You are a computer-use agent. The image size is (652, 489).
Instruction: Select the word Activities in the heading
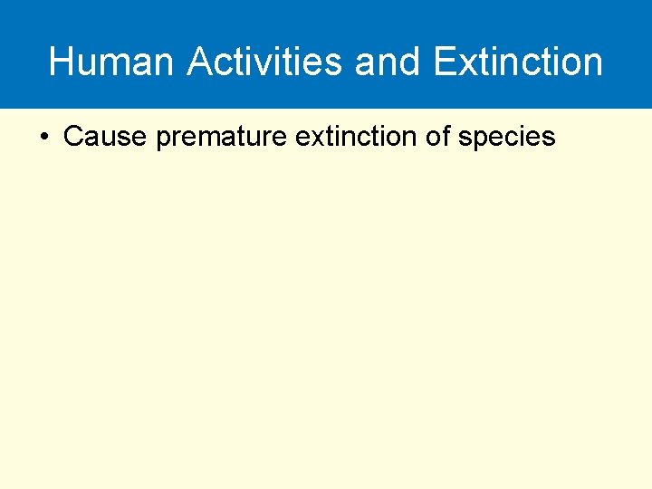pyautogui.click(x=264, y=62)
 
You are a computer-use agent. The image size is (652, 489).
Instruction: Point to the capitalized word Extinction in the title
pyautogui.click(x=518, y=62)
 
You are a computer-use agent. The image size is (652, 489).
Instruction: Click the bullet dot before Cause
pyautogui.click(x=44, y=138)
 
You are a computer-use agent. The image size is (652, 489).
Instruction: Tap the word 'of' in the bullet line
pyautogui.click(x=437, y=137)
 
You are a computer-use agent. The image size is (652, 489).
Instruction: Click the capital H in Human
pyautogui.click(x=61, y=62)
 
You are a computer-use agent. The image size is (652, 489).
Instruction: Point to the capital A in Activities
pyautogui.click(x=200, y=62)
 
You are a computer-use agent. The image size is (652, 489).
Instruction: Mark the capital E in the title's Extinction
pyautogui.click(x=445, y=62)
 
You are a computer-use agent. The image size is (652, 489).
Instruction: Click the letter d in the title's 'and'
pyautogui.click(x=412, y=62)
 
